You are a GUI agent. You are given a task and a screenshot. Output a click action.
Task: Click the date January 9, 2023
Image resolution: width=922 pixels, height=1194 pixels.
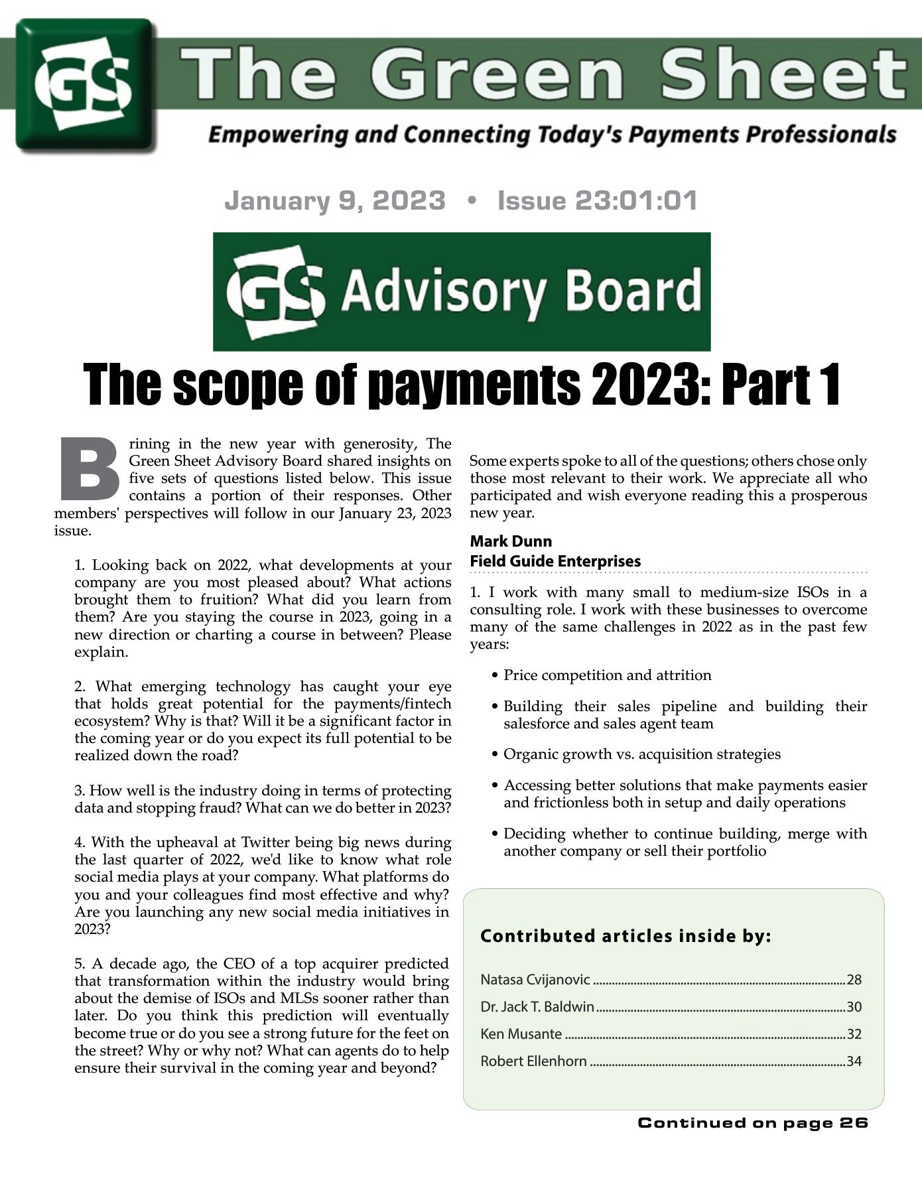click(x=335, y=200)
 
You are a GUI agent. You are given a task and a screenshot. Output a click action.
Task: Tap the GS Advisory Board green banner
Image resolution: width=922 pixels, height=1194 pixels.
click(x=461, y=291)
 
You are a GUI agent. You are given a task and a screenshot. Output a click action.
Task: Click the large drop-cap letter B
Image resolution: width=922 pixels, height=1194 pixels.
click(x=89, y=470)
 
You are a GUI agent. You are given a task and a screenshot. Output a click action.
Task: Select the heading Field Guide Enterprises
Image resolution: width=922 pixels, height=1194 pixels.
click(x=555, y=561)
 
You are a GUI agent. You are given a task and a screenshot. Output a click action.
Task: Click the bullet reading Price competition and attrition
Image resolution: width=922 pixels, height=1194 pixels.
click(x=607, y=675)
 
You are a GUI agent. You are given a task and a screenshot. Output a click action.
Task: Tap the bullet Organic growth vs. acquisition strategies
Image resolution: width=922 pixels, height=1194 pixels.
click(x=641, y=754)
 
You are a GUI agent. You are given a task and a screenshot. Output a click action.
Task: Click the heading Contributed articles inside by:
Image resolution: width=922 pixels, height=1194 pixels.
click(x=626, y=936)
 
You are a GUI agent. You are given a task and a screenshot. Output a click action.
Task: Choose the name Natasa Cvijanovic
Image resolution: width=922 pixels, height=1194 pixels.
click(x=535, y=980)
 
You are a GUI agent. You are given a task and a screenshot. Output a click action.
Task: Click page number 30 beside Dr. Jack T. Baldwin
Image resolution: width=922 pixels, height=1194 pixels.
click(x=854, y=1007)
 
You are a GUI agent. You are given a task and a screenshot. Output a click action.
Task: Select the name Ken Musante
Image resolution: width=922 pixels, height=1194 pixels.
click(x=521, y=1034)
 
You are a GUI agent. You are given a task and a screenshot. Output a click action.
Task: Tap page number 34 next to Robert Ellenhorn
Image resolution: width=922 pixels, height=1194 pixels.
click(x=854, y=1061)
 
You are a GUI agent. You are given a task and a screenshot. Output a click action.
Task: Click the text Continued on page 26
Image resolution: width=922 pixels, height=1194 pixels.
click(x=753, y=1122)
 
